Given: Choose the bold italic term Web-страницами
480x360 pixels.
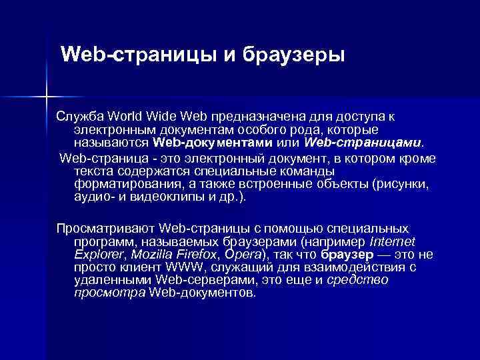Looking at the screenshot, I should [363, 142].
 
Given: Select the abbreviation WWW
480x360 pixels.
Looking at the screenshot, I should [171, 267].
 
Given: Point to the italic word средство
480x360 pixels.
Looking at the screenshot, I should [359, 279].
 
